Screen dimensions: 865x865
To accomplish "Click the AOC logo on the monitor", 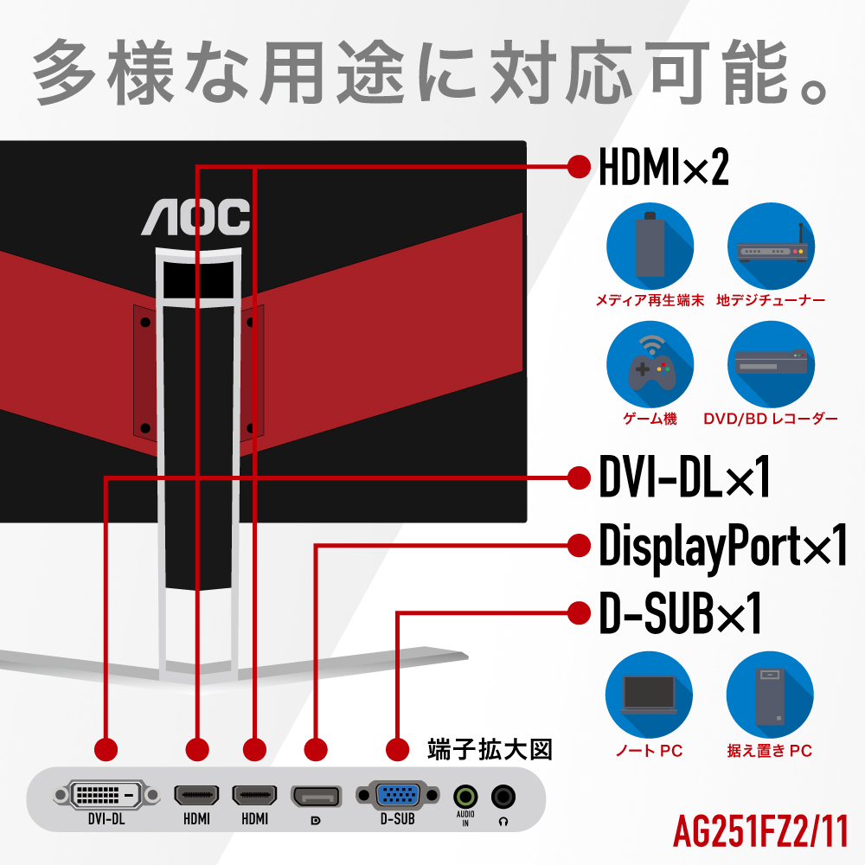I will tap(195, 216).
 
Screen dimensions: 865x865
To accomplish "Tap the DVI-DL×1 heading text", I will tap(683, 478).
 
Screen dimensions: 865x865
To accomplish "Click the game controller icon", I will tap(650, 366).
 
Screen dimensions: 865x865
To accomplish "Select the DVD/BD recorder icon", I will tap(771, 366).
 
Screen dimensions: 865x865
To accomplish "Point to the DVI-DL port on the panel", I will tap(106, 793).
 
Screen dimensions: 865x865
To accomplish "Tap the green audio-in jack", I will tap(465, 795).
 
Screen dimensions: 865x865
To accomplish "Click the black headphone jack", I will tap(503, 795).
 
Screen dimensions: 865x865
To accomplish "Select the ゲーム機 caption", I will tap(650, 419).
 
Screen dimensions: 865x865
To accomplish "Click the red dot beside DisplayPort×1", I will tap(577, 546).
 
